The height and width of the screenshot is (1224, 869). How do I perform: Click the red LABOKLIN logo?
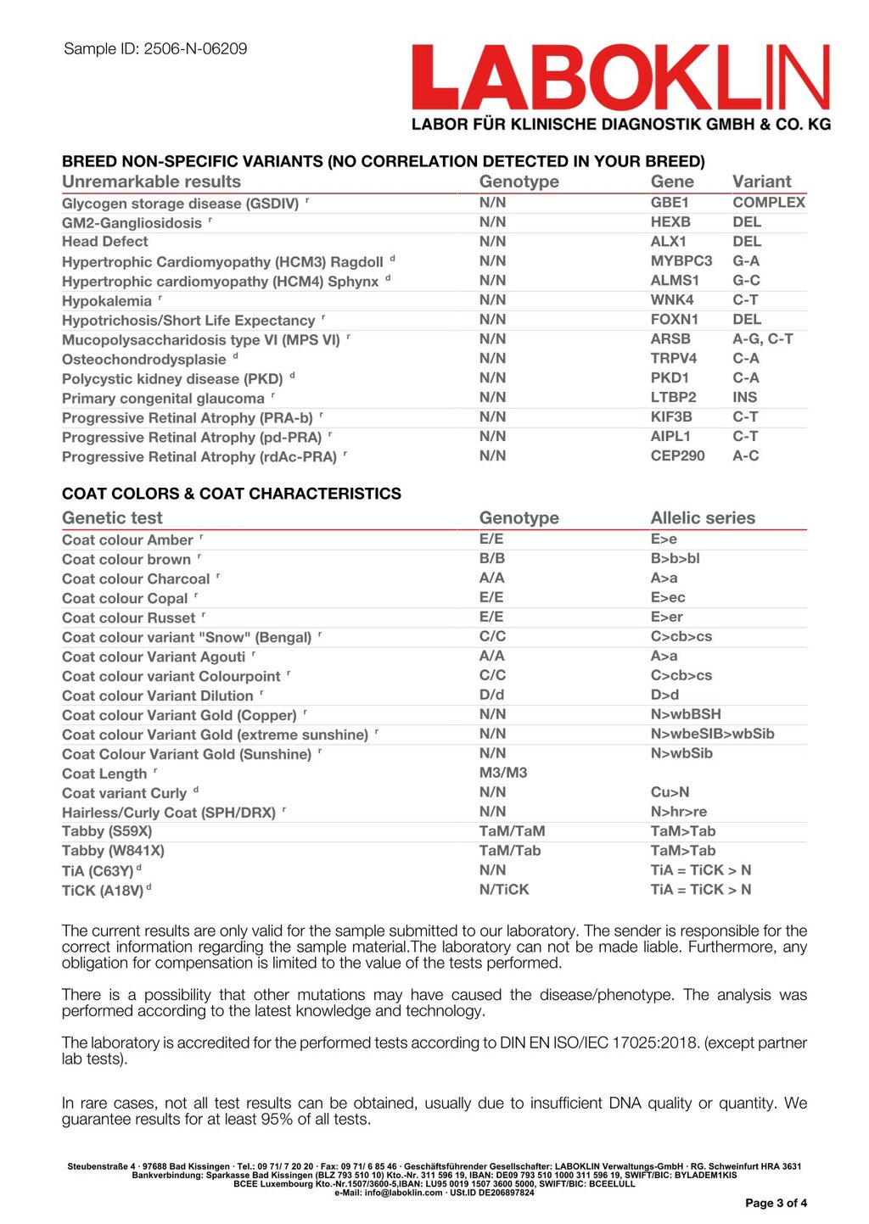coord(620,78)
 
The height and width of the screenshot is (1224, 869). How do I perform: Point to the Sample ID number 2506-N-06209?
coord(195,49)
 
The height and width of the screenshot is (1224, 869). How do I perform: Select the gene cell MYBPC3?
coord(681,261)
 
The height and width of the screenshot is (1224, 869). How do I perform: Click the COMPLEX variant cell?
coord(768,203)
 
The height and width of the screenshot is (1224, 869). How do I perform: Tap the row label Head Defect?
coord(104,242)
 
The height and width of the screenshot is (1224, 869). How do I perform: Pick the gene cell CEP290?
coord(677,456)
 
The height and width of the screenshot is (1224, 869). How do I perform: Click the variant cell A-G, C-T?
coord(762,339)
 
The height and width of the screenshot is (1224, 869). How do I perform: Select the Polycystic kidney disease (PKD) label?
coord(172,378)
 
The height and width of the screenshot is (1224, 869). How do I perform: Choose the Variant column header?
coord(761,182)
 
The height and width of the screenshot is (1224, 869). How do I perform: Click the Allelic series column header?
coord(702,518)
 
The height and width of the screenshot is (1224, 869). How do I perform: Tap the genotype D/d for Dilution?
coord(491,696)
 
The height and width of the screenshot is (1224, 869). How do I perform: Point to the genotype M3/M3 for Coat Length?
coord(502,774)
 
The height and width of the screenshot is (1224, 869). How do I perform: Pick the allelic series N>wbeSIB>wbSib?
coord(712,735)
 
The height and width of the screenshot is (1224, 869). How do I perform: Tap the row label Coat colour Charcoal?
coord(136,579)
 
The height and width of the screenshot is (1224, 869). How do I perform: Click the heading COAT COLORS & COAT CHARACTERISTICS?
coord(232,494)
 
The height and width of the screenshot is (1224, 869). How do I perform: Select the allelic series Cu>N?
coord(670,793)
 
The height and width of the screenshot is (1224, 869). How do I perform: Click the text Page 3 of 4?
coord(776,1203)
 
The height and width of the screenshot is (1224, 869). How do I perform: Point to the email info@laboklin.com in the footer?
coord(401,1193)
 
